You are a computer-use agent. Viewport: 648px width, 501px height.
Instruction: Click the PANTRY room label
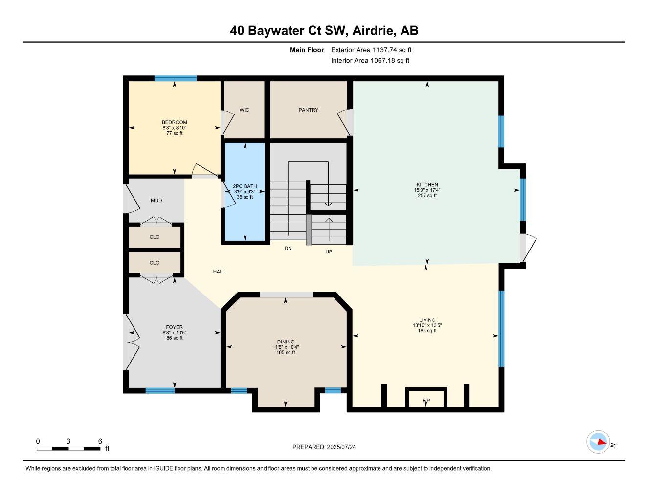(308, 110)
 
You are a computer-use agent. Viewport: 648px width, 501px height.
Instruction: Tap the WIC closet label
(244, 110)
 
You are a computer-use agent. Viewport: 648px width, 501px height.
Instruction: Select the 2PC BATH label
(245, 186)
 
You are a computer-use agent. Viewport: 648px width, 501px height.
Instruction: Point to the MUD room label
(156, 201)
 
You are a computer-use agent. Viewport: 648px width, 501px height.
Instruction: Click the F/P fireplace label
(426, 400)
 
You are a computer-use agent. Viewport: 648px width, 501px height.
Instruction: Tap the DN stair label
(288, 248)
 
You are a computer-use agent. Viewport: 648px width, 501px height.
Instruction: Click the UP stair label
(329, 251)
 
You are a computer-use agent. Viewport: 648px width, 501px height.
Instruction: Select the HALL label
(219, 272)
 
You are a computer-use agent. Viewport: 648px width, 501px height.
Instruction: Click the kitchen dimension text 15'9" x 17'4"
(427, 190)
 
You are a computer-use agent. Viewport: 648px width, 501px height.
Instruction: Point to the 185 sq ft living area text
(427, 330)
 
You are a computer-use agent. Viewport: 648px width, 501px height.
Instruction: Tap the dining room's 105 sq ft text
(286, 352)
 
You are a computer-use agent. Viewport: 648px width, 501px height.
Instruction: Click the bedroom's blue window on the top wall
(176, 78)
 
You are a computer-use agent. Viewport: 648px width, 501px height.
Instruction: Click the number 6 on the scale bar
(100, 441)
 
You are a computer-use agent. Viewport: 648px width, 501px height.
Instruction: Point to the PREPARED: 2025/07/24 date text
(324, 447)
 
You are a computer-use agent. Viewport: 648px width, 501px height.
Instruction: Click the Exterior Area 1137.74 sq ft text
(371, 50)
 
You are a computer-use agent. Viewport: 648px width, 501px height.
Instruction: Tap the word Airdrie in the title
(374, 30)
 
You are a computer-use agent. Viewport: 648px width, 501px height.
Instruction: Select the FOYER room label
(175, 327)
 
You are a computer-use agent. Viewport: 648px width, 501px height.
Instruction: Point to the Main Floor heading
(307, 50)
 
